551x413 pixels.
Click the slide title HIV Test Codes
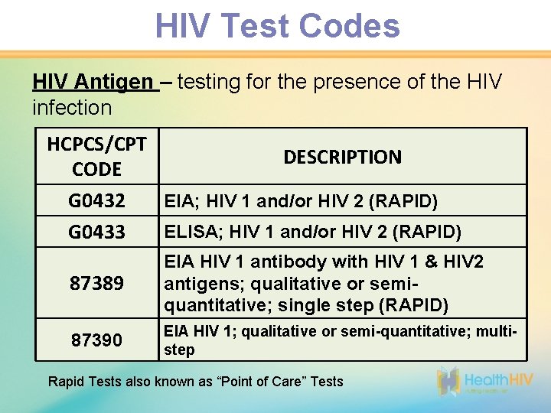pos(277,26)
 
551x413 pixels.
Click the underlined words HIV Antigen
pos(93,82)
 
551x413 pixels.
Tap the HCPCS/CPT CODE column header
pos(96,156)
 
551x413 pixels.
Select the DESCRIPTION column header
pos(342,157)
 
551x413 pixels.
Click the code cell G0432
pos(96,202)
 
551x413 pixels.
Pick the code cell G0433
pos(96,231)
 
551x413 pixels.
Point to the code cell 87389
pos(96,284)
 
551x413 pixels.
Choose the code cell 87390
pos(96,340)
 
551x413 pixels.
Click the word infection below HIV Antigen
pos(72,108)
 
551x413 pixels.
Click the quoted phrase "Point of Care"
pos(265,381)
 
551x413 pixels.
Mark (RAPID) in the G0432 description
pos(403,202)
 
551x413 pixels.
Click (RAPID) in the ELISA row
pos(424,231)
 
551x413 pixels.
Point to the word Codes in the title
pos(350,26)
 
